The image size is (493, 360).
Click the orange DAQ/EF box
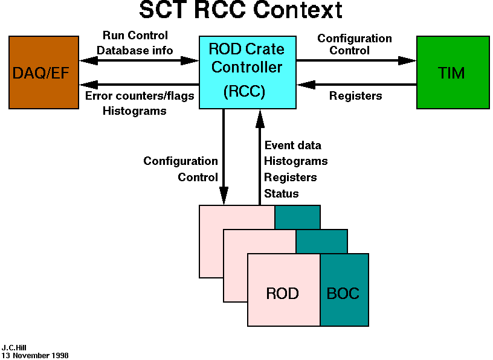point(43,72)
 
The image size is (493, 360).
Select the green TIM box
point(451,72)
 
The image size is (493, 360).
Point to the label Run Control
point(135,36)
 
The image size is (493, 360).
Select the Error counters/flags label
point(140,96)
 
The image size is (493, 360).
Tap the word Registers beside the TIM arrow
point(355,96)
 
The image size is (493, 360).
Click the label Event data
point(293,146)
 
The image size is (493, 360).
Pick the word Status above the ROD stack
point(282,194)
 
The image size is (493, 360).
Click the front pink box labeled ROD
point(283,294)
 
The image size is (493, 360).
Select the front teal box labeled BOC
point(343,294)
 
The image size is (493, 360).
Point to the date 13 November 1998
point(35,356)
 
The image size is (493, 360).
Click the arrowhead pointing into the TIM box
point(408,60)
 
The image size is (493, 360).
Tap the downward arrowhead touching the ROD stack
point(224,196)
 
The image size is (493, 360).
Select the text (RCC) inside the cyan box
point(244,92)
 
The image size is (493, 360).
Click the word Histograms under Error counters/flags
point(135,111)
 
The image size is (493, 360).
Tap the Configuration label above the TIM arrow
point(355,39)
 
